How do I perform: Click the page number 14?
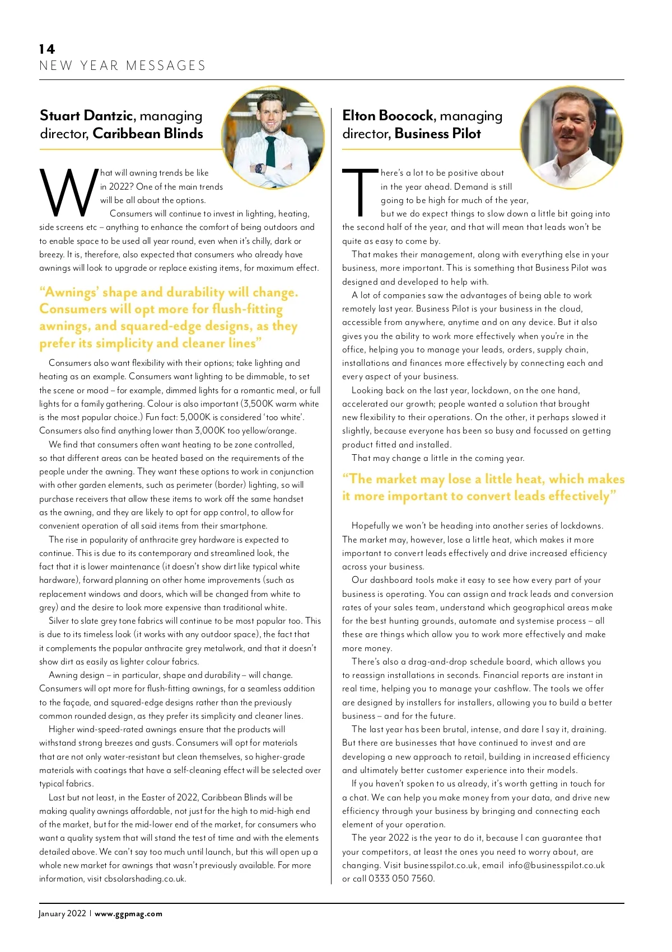tap(47, 49)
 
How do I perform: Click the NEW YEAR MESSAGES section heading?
tap(123, 66)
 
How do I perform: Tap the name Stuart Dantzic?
tap(87, 116)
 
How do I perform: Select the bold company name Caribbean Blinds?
tap(148, 134)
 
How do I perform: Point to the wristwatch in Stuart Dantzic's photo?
tap(258, 168)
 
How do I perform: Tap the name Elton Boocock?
tap(388, 116)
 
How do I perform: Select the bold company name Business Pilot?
tap(437, 134)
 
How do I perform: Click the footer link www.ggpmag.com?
tap(129, 914)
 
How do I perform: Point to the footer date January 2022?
tap(62, 914)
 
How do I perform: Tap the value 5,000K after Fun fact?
tap(196, 417)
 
